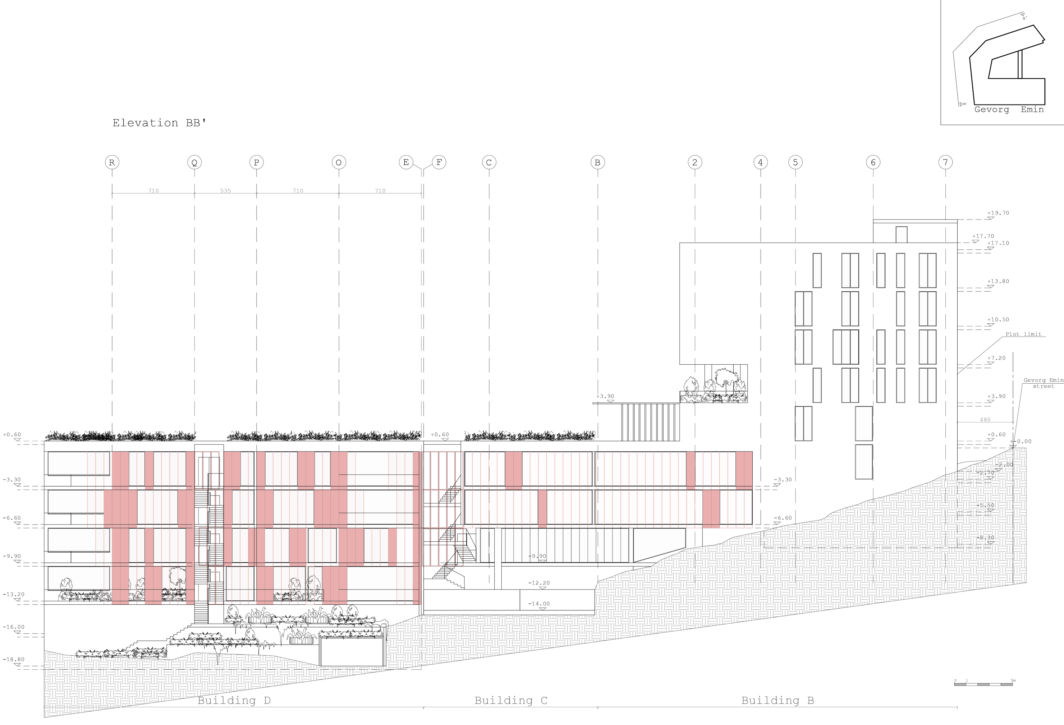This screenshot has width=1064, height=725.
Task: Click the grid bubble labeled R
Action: (x=112, y=162)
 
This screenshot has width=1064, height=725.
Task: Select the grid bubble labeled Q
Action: (x=194, y=162)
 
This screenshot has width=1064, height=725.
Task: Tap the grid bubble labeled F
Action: (x=439, y=162)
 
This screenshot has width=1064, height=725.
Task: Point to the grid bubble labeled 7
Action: (x=945, y=162)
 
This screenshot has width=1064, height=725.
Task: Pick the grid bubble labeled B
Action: (x=597, y=162)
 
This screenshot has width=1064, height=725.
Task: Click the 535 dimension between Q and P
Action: (x=225, y=191)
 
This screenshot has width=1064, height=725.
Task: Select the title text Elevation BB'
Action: (x=159, y=123)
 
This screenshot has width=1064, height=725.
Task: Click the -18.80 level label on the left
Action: (x=14, y=660)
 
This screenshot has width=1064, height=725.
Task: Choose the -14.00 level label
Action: (x=539, y=604)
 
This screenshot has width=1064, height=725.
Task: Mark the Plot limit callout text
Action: (x=1023, y=334)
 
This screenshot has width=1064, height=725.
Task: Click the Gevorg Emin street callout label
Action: (x=1043, y=383)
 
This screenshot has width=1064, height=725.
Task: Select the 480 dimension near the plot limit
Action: (x=985, y=420)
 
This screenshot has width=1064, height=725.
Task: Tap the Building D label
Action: (x=234, y=700)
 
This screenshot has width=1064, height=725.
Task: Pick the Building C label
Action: (x=510, y=700)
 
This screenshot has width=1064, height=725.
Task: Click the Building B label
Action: (x=778, y=700)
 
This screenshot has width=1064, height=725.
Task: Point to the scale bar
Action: (x=983, y=684)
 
